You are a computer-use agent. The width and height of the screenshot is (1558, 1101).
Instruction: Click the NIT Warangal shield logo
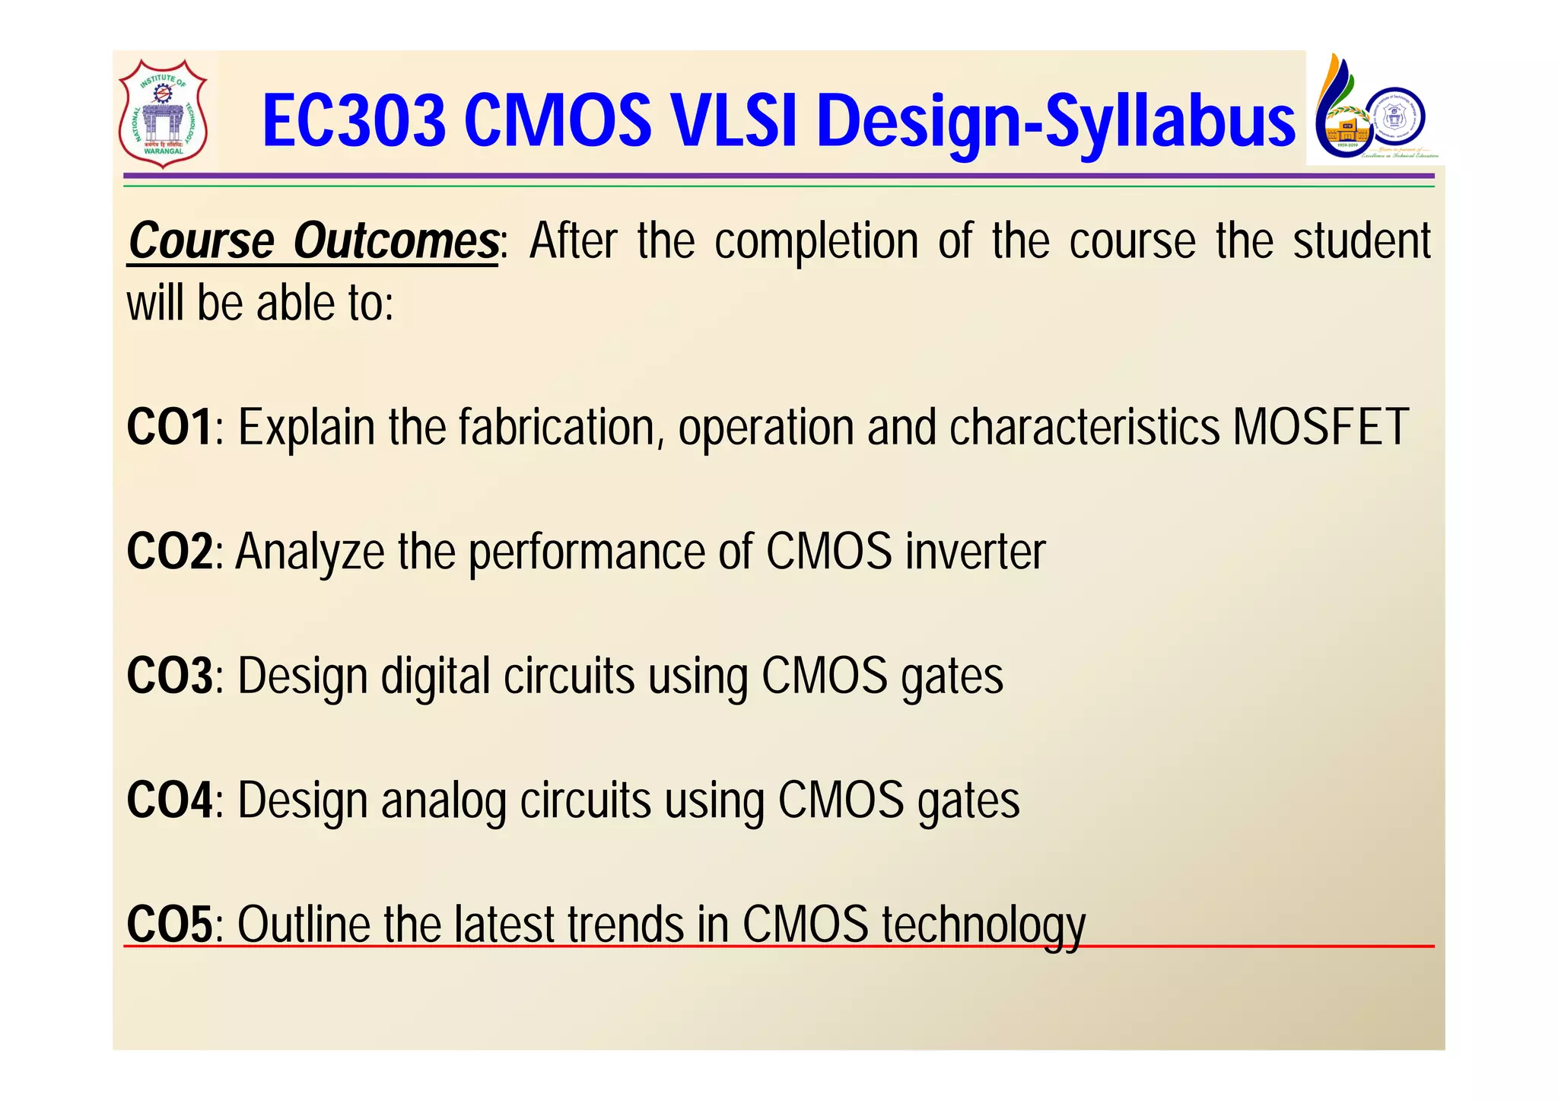click(x=163, y=113)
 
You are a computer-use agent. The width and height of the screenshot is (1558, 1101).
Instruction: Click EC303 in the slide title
click(x=354, y=122)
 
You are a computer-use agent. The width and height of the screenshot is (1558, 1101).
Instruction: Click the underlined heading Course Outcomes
click(x=313, y=242)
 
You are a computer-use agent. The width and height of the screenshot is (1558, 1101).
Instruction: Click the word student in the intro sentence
click(x=1362, y=242)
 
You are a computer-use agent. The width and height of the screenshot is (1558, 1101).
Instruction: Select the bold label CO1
click(x=170, y=428)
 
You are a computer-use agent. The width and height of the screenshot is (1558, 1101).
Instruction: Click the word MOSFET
click(x=1321, y=428)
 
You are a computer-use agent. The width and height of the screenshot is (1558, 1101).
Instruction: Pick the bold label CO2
click(x=170, y=552)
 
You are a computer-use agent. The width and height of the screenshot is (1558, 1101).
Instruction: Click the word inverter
click(x=975, y=552)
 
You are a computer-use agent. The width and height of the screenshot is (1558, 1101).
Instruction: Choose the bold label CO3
click(x=170, y=676)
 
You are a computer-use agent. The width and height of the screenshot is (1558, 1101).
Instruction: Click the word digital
click(x=435, y=677)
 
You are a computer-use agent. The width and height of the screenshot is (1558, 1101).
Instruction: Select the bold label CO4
click(x=170, y=801)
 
